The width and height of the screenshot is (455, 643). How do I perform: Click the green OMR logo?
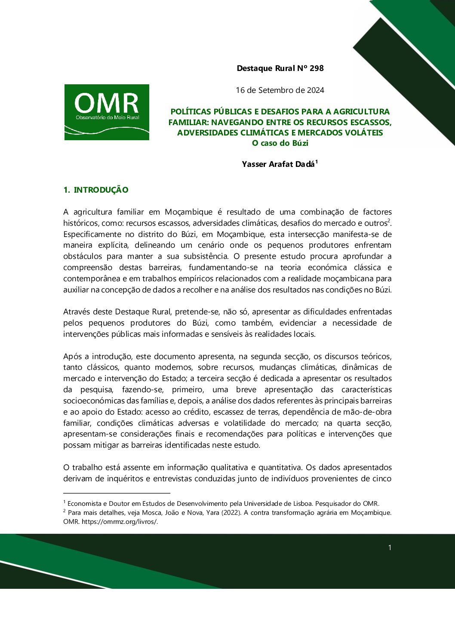107,112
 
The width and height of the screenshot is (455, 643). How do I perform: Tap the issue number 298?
317,68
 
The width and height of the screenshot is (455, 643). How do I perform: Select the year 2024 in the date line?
315,90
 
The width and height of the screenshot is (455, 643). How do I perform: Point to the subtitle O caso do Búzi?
280,143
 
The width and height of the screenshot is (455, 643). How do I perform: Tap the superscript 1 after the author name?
317,162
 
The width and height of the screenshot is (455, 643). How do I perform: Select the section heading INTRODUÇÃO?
101,190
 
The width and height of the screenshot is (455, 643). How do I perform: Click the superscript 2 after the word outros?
389,221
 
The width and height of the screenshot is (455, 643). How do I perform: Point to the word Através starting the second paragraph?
77,312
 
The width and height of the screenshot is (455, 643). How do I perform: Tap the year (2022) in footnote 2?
231,513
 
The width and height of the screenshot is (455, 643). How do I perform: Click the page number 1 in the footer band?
390,548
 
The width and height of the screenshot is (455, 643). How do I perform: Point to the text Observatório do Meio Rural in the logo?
107,117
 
